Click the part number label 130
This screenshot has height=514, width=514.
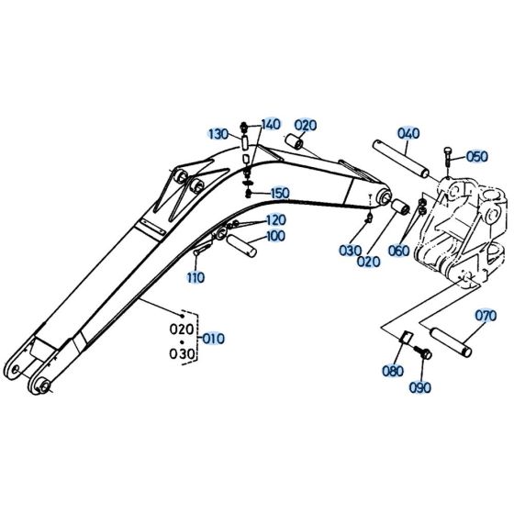point(217,134)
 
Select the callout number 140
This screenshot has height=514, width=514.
point(271,124)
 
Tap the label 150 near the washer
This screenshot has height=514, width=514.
point(279,193)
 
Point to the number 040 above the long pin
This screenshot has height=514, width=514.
point(408,133)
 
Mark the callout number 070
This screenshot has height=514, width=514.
point(486,316)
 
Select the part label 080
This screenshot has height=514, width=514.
point(392,371)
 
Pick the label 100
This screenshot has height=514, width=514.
point(275,236)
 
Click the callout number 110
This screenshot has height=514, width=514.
point(195,276)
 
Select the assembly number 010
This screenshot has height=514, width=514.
point(212,338)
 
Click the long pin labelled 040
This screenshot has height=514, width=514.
point(400,159)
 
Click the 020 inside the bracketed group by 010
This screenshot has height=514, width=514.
point(183,329)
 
